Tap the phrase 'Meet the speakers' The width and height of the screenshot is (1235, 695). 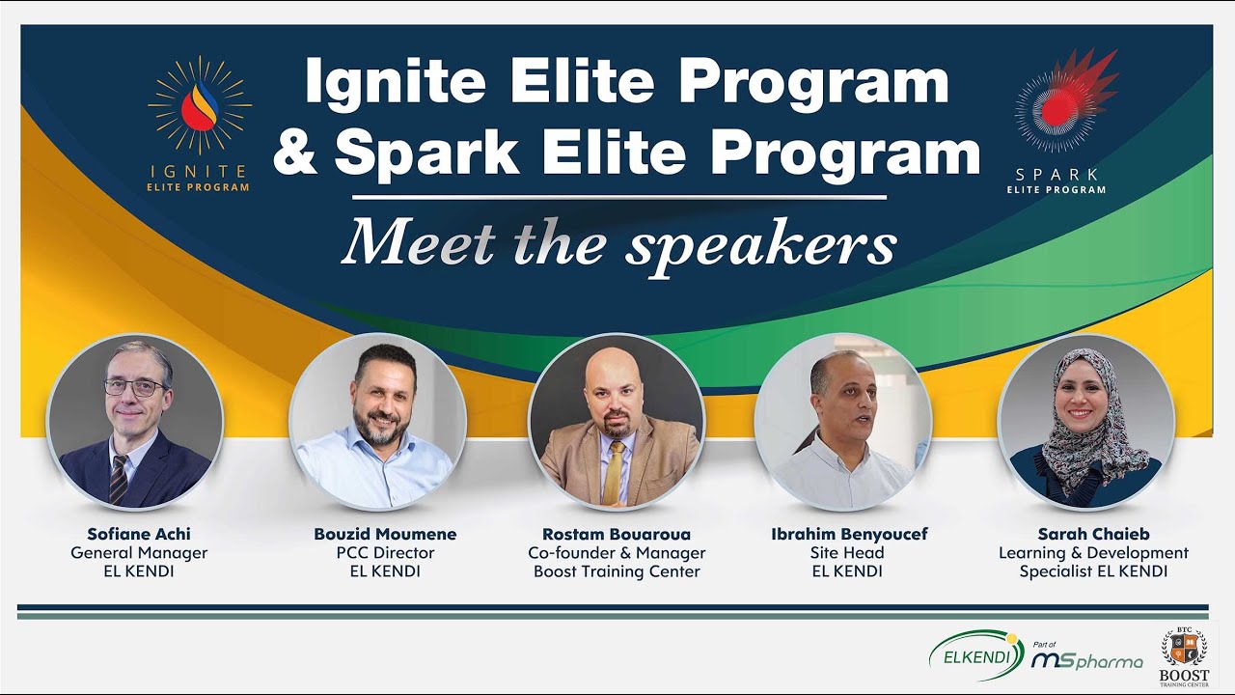point(618,243)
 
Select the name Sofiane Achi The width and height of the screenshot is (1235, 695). point(139,534)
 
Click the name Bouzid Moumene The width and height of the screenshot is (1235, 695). point(385,534)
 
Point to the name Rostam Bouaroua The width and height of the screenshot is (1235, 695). point(617,534)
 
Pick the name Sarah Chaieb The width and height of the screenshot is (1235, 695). point(1093,534)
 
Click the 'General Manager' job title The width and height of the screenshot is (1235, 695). point(139,553)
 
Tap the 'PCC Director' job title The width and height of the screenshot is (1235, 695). point(385,553)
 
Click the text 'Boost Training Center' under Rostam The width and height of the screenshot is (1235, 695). point(617,571)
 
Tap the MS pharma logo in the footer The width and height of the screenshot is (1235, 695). point(1086,658)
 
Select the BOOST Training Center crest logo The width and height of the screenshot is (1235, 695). point(1183,653)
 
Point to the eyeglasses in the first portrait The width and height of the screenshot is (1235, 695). point(135,387)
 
